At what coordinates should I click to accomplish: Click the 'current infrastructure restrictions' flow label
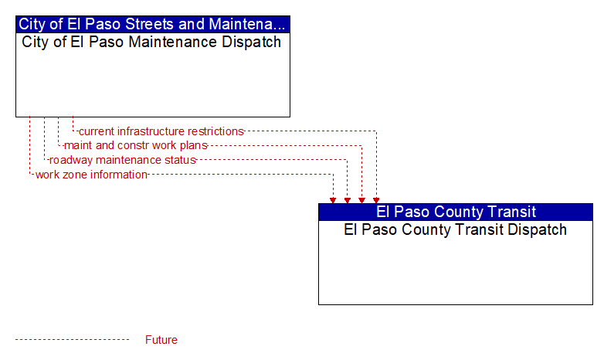click(161, 131)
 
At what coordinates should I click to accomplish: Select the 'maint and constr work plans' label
click(136, 146)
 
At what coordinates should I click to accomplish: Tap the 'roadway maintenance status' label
click(123, 160)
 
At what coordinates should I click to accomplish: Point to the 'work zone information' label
click(91, 175)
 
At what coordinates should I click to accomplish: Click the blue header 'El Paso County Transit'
click(456, 212)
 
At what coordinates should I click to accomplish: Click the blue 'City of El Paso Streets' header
click(152, 24)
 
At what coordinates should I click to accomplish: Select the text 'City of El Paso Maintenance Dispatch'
click(151, 42)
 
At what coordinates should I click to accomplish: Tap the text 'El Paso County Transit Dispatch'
click(455, 229)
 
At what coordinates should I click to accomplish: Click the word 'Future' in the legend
click(161, 340)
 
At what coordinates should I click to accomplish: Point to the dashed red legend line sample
click(72, 340)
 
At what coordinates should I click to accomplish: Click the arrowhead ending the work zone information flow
click(333, 200)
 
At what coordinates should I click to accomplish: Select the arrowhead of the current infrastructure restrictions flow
click(376, 200)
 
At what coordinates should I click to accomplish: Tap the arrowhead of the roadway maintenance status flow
click(348, 200)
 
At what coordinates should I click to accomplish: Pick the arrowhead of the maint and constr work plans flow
click(361, 200)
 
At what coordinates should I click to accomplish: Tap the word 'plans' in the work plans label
click(194, 146)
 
